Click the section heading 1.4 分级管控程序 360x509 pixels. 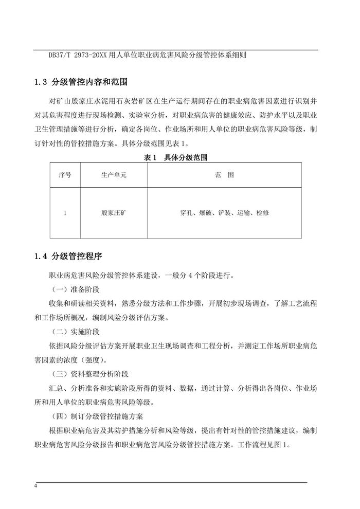coord(71,256)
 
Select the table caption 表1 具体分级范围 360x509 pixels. coord(176,158)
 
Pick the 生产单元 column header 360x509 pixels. coord(114,175)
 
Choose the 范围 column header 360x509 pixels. coord(224,175)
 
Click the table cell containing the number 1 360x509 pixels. coord(65,212)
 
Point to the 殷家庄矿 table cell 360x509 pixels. coord(114,212)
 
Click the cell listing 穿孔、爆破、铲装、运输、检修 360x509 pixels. coord(224,212)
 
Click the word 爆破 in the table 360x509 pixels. coord(205,212)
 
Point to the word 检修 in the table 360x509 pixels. coord(262,212)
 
